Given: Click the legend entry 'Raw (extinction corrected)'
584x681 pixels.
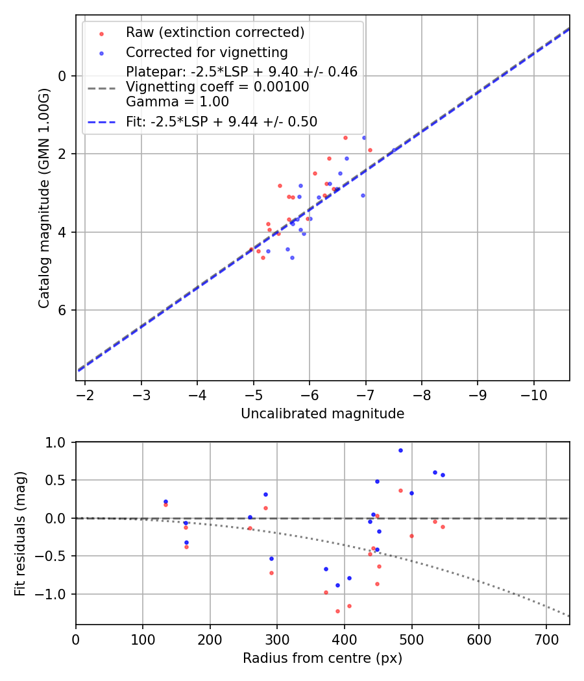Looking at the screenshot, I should [215, 32].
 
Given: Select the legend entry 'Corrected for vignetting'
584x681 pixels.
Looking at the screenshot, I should [207, 52].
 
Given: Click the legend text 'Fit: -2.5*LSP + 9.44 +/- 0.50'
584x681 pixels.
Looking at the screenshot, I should [221, 121].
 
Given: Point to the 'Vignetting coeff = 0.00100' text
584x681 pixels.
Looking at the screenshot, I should [217, 87].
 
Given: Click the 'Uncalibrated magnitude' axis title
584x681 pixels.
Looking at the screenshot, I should [322, 414].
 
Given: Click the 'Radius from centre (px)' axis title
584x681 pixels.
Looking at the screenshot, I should [322, 658].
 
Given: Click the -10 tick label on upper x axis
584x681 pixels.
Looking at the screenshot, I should [533, 394].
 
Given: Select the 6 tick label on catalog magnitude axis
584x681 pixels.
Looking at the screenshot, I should [63, 310].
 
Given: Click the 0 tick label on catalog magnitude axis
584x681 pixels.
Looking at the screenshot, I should [63, 76].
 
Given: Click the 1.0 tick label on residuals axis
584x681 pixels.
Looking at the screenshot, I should [57, 442].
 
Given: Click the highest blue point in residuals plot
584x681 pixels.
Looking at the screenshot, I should [400, 450].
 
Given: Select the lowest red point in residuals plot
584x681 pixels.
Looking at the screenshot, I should [337, 611].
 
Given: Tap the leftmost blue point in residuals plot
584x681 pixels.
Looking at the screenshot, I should [165, 501].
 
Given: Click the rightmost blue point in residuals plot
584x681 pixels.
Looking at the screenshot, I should [443, 475].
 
